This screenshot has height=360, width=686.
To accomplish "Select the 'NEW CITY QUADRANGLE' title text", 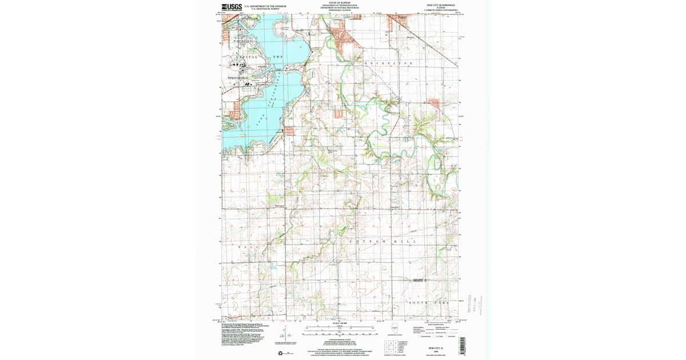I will click(x=442, y=5).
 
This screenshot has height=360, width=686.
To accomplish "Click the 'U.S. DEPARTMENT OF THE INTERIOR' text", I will click(x=265, y=6).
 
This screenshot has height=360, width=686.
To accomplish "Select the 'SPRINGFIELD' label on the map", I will click(x=240, y=77).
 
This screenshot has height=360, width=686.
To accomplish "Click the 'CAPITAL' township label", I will click(x=247, y=57).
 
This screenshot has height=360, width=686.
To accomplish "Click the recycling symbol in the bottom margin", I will click(x=281, y=353).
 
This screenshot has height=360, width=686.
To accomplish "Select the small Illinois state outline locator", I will click(x=394, y=329).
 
